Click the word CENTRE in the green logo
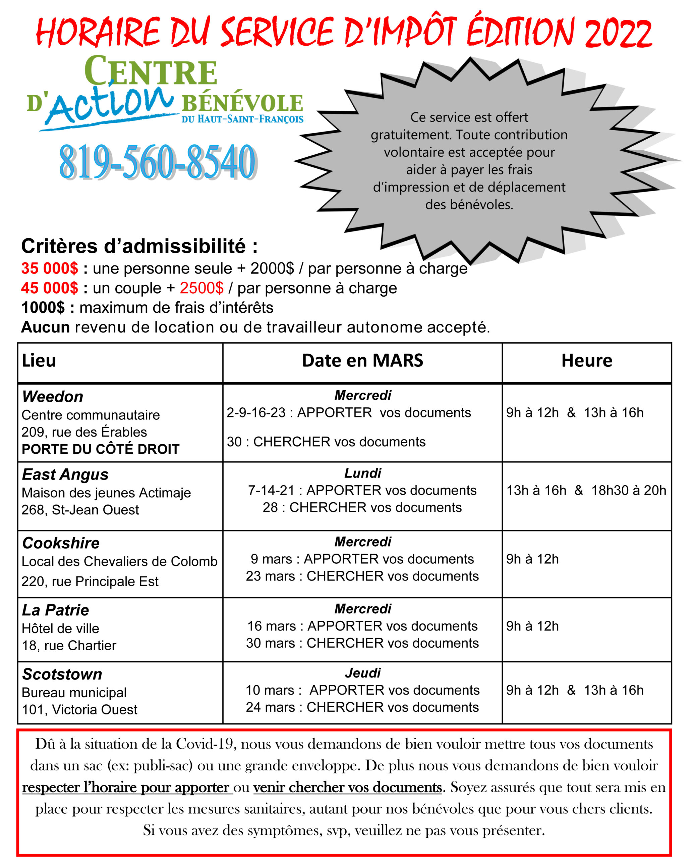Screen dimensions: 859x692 [x=151, y=72]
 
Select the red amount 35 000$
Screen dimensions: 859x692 [x=49, y=268]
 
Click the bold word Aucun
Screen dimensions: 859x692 [x=46, y=327]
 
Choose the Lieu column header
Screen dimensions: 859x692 [x=39, y=360]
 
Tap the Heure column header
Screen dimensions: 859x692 [x=586, y=360]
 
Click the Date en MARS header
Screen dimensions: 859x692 [x=362, y=360]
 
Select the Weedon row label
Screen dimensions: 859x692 [x=53, y=397]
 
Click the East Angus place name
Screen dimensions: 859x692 [x=65, y=474]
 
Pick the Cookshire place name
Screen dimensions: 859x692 [x=61, y=543]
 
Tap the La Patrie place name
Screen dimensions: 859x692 [x=55, y=610]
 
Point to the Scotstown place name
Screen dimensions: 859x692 [x=62, y=674]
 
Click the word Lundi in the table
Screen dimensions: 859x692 [x=363, y=473]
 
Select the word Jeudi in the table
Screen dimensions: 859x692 [x=363, y=673]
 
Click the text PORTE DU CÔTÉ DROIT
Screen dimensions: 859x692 [x=101, y=449]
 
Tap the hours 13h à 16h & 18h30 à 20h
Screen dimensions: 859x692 [x=586, y=490]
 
